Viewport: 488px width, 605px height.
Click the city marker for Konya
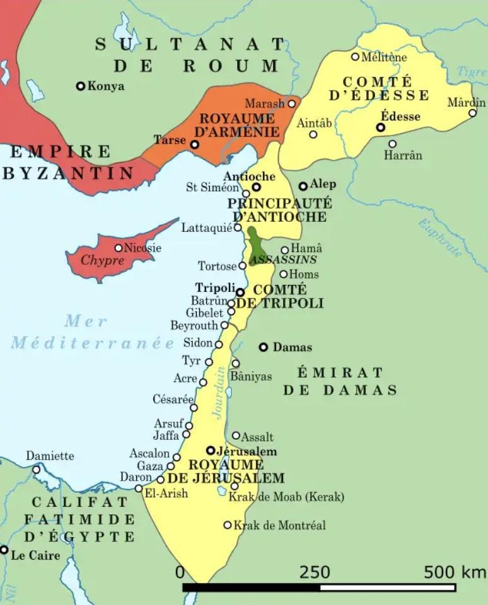pyautogui.click(x=81, y=86)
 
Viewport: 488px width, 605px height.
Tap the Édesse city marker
pyautogui.click(x=381, y=127)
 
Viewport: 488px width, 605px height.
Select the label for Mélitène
pyautogui.click(x=384, y=57)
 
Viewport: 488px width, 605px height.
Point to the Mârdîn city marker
pyautogui.click(x=472, y=113)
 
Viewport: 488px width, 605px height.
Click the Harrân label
pyautogui.click(x=403, y=155)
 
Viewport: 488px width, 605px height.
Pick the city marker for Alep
pyautogui.click(x=303, y=186)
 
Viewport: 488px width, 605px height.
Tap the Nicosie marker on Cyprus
pyautogui.click(x=118, y=248)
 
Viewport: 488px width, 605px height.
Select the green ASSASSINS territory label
pyautogui.click(x=283, y=260)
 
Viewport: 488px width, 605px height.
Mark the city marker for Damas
pyautogui.click(x=264, y=347)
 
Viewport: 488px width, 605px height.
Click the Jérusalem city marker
pyautogui.click(x=211, y=451)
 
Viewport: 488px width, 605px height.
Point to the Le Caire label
pyautogui.click(x=36, y=555)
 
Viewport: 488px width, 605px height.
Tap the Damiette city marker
pyautogui.click(x=37, y=470)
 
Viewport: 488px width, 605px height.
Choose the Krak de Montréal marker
pyautogui.click(x=228, y=525)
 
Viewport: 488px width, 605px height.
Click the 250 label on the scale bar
pyautogui.click(x=314, y=572)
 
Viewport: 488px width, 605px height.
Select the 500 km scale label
pyautogui.click(x=454, y=572)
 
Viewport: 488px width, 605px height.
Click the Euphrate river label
pyautogui.click(x=440, y=238)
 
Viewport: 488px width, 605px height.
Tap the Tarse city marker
pyautogui.click(x=195, y=145)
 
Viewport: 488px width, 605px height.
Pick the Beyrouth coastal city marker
pyautogui.click(x=224, y=325)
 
